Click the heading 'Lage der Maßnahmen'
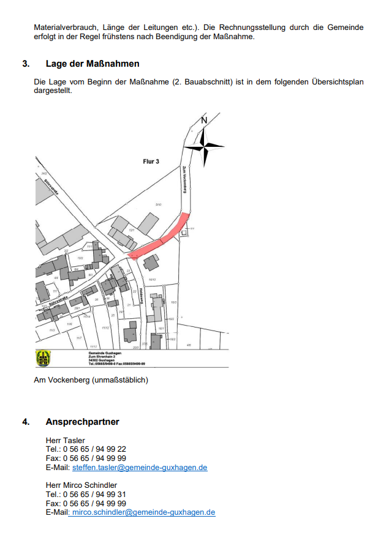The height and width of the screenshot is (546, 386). click(x=92, y=64)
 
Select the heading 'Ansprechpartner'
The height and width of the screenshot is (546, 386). click(x=82, y=422)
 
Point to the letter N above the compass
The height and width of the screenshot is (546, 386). click(x=204, y=121)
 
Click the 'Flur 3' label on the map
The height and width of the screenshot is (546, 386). click(x=151, y=162)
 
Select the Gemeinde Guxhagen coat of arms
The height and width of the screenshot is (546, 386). click(x=44, y=358)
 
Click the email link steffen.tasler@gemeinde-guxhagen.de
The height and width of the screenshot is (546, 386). click(x=140, y=468)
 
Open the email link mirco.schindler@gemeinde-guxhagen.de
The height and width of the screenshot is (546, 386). click(x=143, y=512)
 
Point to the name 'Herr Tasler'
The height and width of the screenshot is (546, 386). click(x=65, y=441)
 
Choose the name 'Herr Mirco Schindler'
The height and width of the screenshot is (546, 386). click(x=81, y=485)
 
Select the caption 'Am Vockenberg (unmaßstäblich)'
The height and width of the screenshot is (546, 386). click(x=91, y=380)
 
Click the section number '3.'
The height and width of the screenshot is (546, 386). click(x=26, y=64)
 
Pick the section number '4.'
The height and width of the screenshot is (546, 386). click(x=26, y=422)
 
